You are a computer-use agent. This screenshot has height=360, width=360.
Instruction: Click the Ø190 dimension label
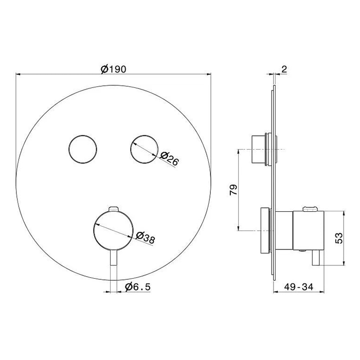[x=114, y=69]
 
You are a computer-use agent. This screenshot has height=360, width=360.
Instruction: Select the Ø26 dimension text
[x=169, y=158]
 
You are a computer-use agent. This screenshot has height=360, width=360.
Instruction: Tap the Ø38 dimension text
[x=146, y=238]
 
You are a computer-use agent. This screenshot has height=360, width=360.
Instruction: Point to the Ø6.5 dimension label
[x=138, y=287]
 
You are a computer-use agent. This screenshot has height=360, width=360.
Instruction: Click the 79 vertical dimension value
[x=233, y=190]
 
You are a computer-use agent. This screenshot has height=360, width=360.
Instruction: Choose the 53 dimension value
[x=339, y=238]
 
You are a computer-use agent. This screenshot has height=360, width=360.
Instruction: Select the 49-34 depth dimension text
[x=298, y=287]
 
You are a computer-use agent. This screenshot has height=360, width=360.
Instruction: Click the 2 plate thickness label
[x=284, y=69]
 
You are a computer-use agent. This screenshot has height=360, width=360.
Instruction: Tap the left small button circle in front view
[x=83, y=149]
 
